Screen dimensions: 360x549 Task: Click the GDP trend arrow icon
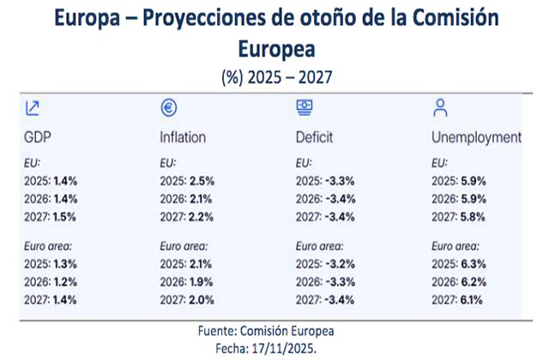pos(33,108)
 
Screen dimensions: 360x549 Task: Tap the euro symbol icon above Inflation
pos(169,108)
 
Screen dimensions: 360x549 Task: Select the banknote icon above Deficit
pos(304,107)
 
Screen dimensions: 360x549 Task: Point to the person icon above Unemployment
pos(440,107)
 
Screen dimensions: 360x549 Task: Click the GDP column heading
pos(39,137)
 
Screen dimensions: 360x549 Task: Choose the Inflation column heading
pos(183,137)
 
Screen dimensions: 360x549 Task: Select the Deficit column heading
pos(314,137)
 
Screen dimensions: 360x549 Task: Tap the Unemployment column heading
pos(476,137)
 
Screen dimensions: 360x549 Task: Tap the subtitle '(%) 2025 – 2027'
pos(274,76)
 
